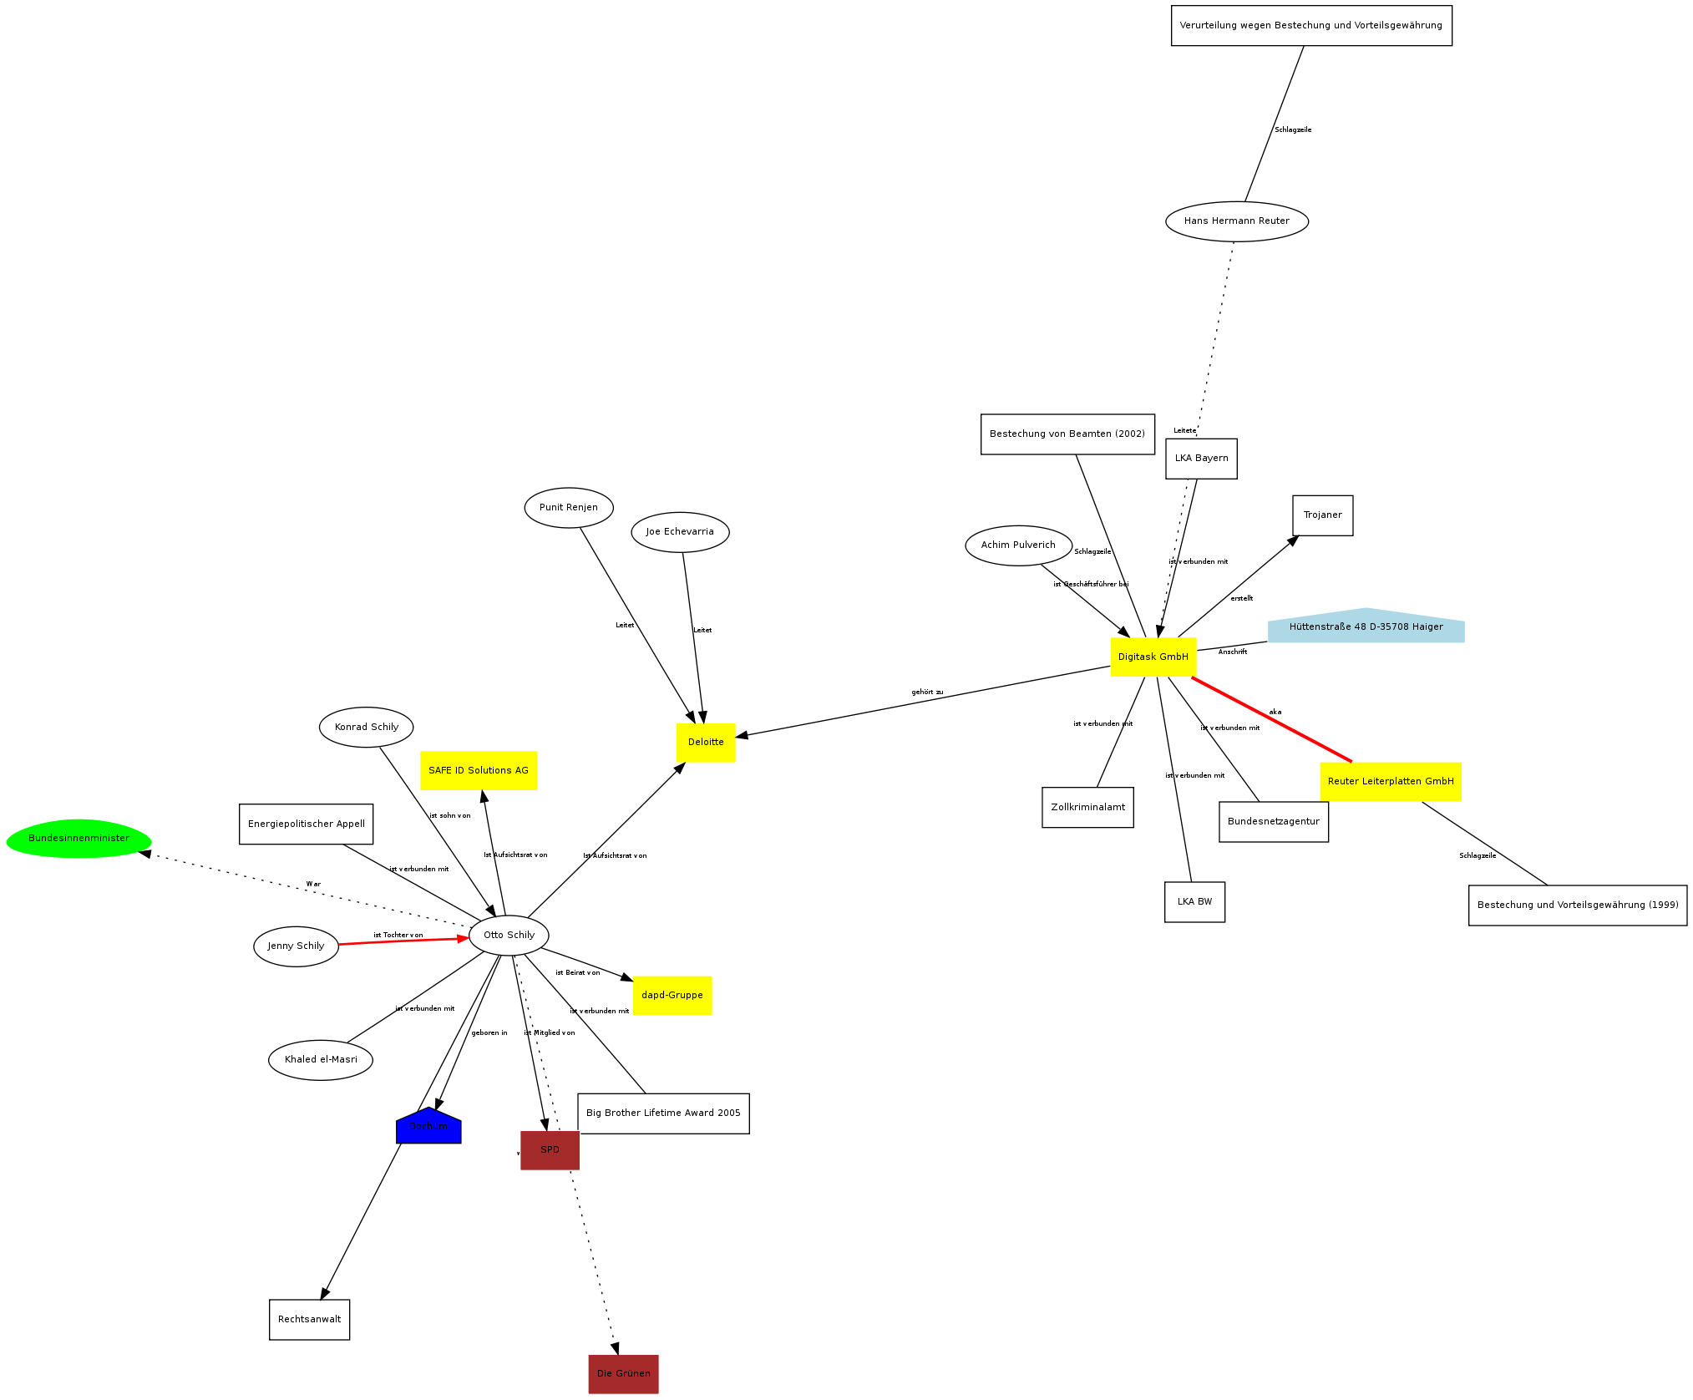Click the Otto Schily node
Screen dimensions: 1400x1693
tap(509, 935)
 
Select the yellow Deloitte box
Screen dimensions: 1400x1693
tap(706, 742)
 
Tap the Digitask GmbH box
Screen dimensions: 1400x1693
tap(1153, 657)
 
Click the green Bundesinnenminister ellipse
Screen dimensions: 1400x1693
tap(79, 838)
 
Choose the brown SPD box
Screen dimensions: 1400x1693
tap(550, 1149)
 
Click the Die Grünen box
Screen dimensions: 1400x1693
tap(623, 1373)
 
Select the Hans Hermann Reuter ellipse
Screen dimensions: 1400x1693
tap(1236, 221)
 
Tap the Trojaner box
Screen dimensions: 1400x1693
tap(1322, 515)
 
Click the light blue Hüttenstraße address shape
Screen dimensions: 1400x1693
tap(1366, 626)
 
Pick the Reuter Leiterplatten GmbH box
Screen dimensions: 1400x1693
tap(1390, 781)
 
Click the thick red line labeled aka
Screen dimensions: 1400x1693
tap(1271, 720)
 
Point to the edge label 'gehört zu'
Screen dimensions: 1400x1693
tap(927, 692)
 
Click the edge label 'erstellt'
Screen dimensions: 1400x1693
tap(1241, 598)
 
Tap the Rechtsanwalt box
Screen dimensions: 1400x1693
tap(309, 1319)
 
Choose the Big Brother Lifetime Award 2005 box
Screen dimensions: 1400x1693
tap(663, 1113)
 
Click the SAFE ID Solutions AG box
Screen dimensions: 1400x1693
tap(478, 770)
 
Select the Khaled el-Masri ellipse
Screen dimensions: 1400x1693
tap(321, 1059)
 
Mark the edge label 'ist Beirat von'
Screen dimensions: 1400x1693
tap(577, 972)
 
